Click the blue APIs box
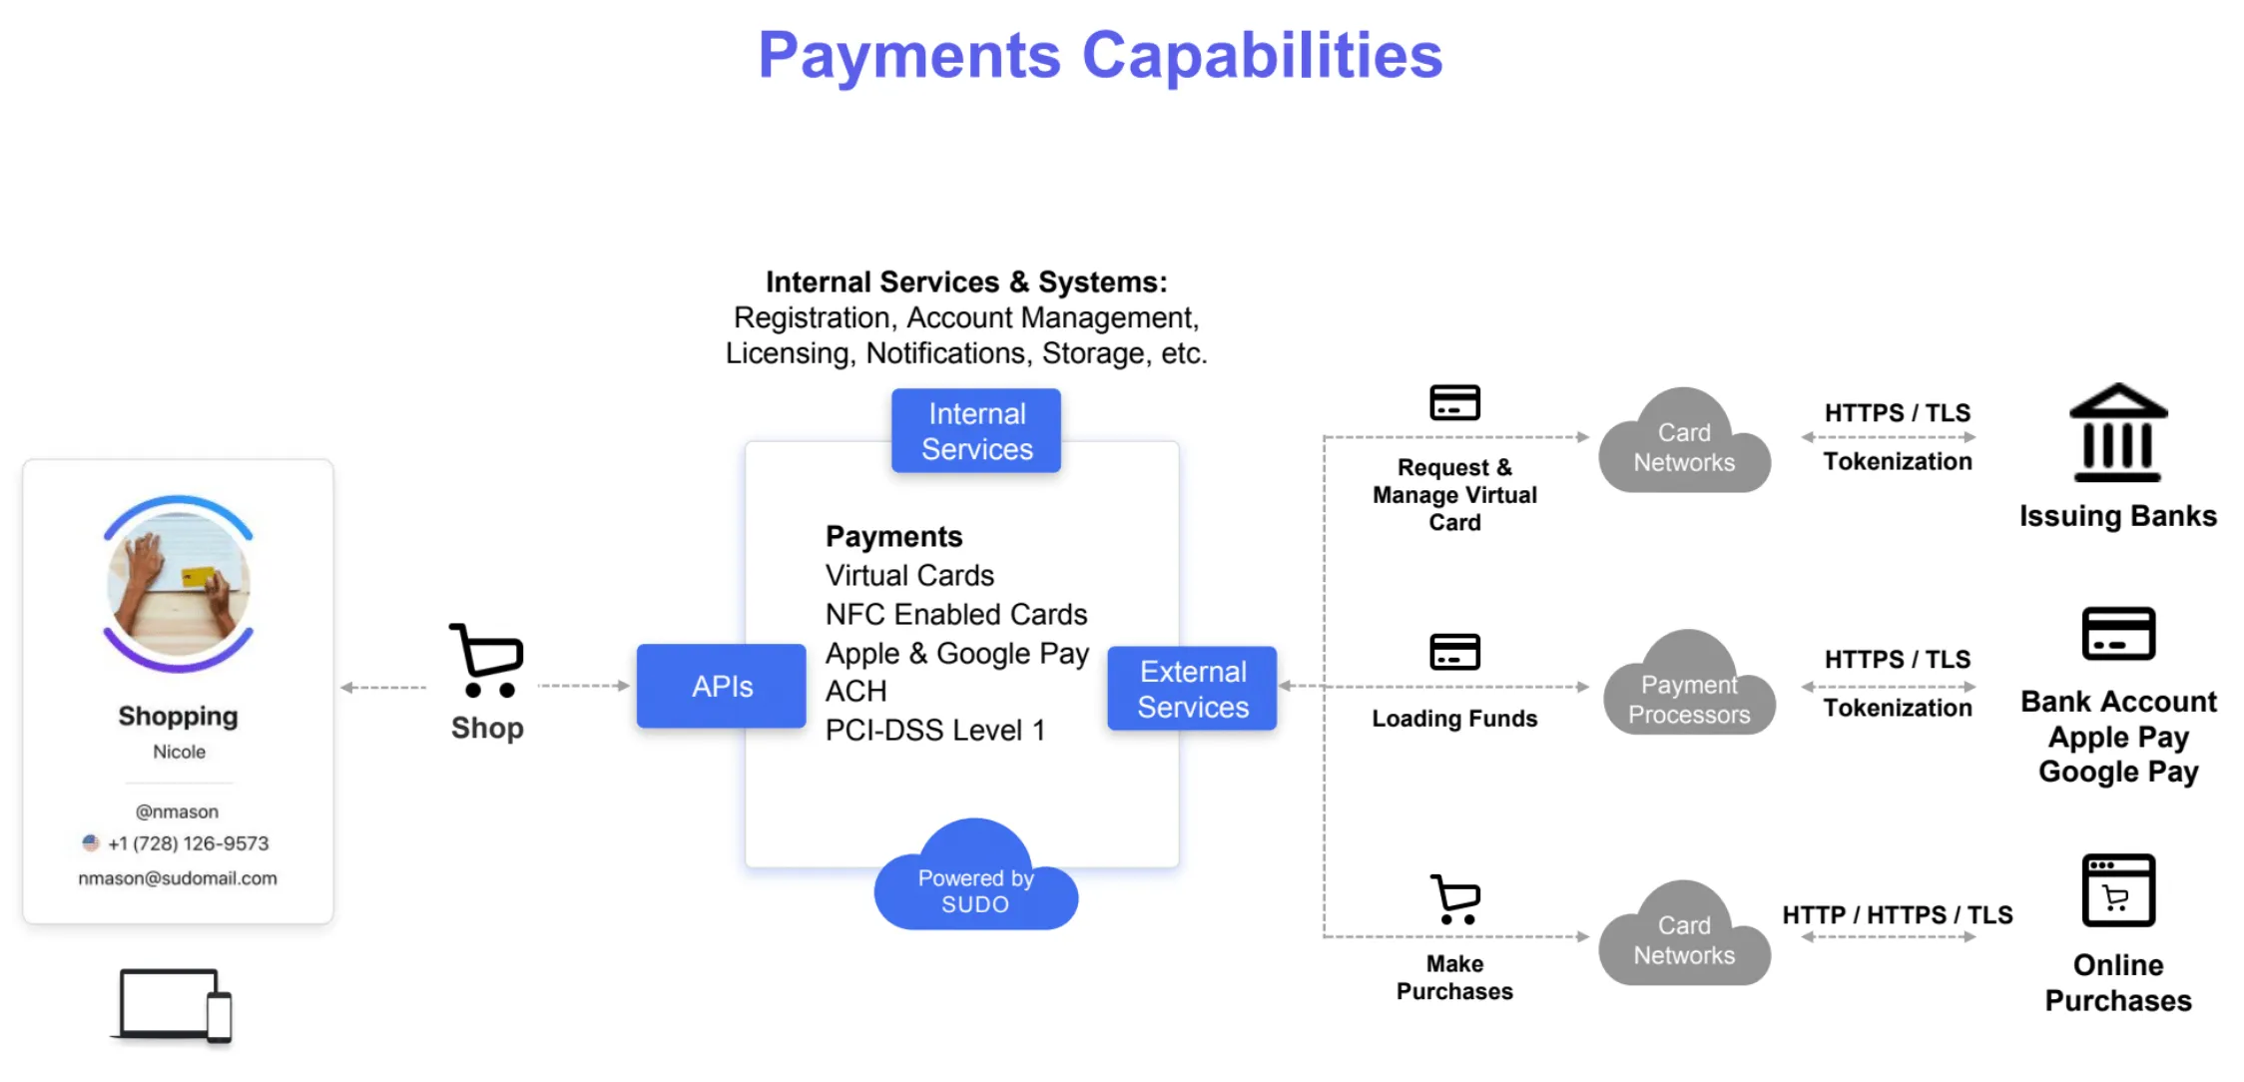(x=721, y=686)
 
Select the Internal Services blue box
(x=975, y=431)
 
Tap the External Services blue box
(x=1192, y=689)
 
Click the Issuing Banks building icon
(x=2117, y=433)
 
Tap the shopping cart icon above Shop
(x=487, y=661)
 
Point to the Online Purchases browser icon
(x=2117, y=890)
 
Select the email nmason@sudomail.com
(x=178, y=878)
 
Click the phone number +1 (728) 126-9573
(x=188, y=843)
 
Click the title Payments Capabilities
(x=1100, y=55)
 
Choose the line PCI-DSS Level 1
(x=934, y=731)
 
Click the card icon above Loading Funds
(x=1454, y=652)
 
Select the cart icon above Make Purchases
(x=1455, y=899)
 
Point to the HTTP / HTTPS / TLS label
(x=1897, y=914)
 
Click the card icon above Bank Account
(x=2117, y=634)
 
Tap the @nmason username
(x=178, y=811)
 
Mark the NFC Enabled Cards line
(x=955, y=614)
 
